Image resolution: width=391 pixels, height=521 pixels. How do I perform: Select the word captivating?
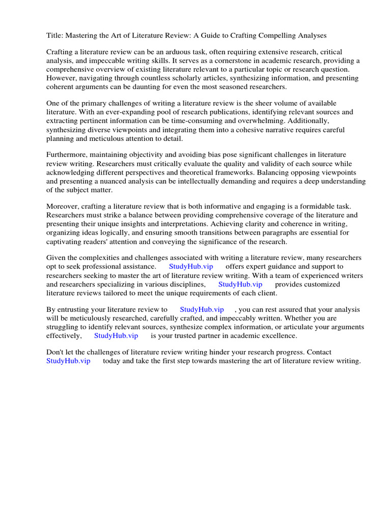coord(66,241)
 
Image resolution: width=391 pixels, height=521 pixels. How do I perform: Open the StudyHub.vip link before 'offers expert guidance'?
coord(191,267)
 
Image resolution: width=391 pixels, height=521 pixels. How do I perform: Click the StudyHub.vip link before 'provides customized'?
coord(240,284)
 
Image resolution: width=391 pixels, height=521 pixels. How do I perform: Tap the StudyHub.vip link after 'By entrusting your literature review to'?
coord(202,309)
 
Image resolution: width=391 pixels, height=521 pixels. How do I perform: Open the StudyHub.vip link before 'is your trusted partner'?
coord(116,336)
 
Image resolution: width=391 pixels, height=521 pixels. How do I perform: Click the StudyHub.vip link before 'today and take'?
coord(68,361)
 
